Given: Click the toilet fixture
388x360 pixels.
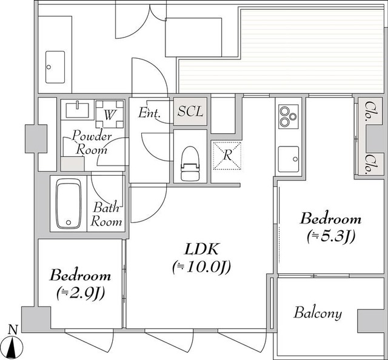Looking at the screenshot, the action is click(190, 163).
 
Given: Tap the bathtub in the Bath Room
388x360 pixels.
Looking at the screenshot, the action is click(69, 204).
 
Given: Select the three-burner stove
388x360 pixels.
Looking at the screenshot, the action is click(289, 116).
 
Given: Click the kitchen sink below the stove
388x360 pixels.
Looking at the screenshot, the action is click(289, 159).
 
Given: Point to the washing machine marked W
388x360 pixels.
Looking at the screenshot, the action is click(110, 114).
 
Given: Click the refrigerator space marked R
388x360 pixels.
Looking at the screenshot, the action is click(227, 155).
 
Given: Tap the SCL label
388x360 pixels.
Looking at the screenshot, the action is click(190, 112).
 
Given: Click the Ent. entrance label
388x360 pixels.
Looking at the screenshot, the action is click(150, 113).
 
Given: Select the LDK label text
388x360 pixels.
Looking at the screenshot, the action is click(201, 249).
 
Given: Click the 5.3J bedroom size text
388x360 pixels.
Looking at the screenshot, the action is click(331, 236).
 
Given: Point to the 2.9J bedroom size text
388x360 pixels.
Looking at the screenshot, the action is click(81, 293).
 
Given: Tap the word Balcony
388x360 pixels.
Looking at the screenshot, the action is click(318, 313).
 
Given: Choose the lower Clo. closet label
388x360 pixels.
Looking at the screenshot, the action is click(370, 163).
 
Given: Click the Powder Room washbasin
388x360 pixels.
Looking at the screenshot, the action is click(78, 110).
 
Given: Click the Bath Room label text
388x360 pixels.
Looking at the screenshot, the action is click(107, 215).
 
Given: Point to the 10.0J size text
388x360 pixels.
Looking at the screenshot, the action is click(201, 267).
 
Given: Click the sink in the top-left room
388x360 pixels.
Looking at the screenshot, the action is click(55, 67).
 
